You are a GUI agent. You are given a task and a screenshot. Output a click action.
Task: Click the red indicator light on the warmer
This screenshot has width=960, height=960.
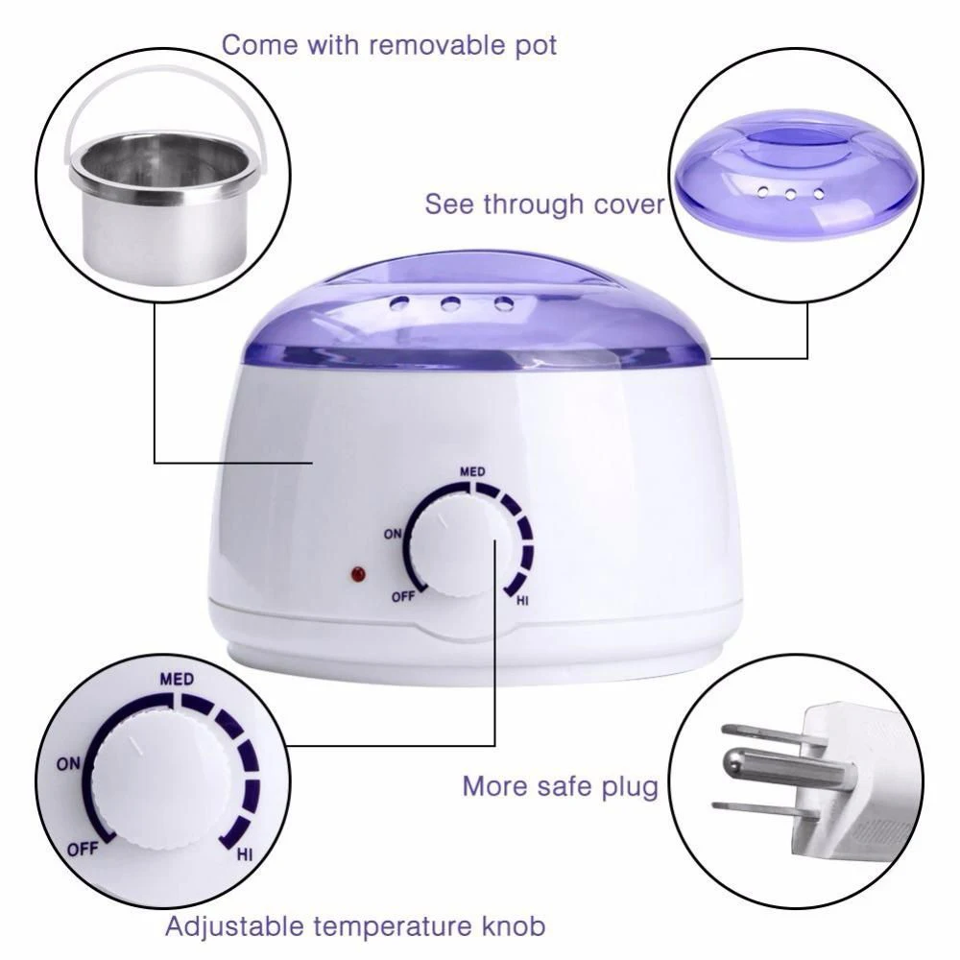coord(357,575)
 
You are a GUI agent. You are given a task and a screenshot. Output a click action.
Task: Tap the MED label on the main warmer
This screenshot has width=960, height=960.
coord(472,471)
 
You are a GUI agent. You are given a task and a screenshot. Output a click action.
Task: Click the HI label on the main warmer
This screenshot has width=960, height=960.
coord(521,601)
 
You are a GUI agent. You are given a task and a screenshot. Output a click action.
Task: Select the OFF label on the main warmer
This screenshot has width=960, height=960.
coord(403,596)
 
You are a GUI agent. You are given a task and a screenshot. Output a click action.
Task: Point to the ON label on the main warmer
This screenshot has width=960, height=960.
coord(393,534)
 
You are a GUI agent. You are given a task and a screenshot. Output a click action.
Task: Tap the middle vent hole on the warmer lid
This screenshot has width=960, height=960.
coord(452,303)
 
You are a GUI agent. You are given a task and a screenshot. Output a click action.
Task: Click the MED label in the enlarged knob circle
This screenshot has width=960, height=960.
coord(177,679)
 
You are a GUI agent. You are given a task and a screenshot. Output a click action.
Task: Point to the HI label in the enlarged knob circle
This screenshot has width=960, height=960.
coord(244,854)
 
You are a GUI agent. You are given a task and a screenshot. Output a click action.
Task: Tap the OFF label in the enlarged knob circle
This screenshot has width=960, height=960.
coord(83,850)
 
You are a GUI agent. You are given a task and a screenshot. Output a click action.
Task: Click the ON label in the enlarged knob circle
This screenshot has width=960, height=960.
coord(68,764)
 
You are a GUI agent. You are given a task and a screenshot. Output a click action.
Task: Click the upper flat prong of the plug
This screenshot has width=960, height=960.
coord(774,734)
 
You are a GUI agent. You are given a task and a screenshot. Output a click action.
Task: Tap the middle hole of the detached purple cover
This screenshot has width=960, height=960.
coord(791,195)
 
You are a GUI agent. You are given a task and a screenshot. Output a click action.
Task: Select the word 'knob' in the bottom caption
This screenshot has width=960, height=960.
coord(513,925)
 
